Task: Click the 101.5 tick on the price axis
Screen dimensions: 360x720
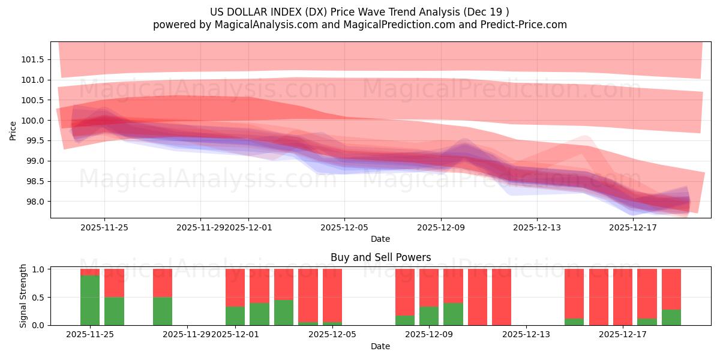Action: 32,59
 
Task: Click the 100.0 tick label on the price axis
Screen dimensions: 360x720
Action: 32,121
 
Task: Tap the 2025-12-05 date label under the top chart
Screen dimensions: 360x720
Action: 344,227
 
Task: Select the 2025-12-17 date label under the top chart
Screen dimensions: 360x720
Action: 633,227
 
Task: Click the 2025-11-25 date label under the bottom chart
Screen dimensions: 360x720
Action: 89,335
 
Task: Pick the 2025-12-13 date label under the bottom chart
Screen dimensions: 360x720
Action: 526,335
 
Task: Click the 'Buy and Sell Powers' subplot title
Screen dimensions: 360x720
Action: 380,258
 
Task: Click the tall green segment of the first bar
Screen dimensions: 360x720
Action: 90,300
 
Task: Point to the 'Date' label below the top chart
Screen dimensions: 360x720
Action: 380,239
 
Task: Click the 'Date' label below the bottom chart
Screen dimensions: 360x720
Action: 380,346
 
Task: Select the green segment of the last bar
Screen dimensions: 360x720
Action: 671,317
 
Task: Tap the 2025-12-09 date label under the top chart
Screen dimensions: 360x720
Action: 441,227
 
